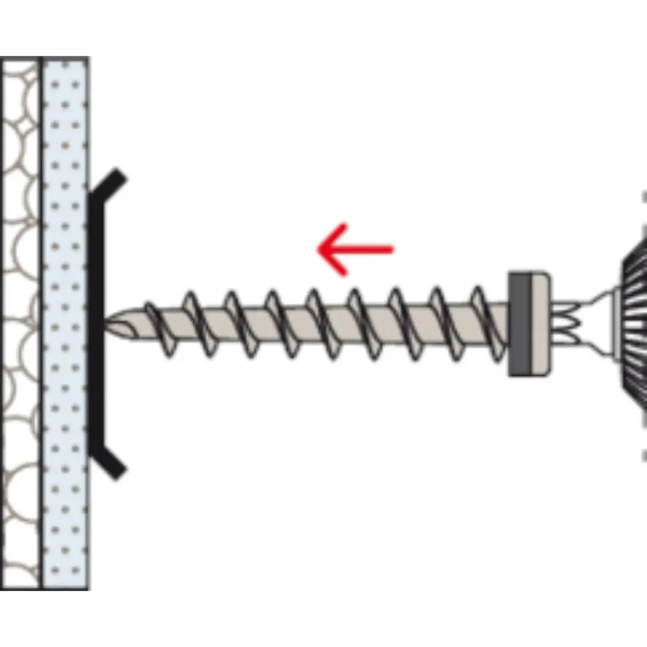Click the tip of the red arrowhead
(318, 249)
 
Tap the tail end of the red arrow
(392, 249)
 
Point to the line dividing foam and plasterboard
(41, 323)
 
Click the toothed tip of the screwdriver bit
(563, 323)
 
